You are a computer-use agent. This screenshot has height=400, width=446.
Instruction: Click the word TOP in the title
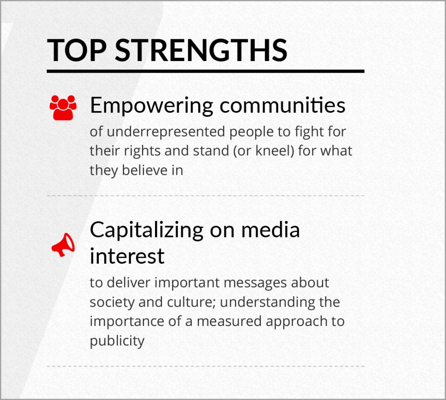[77, 51]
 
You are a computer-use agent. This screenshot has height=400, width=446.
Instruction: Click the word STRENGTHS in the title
[201, 51]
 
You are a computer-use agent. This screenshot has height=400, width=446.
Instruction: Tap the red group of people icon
[63, 108]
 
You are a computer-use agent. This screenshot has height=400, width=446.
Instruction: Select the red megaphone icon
[63, 245]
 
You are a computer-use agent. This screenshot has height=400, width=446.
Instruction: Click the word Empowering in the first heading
[152, 106]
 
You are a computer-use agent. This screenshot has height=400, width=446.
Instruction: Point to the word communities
[282, 105]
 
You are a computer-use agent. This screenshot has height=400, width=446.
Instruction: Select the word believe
[145, 170]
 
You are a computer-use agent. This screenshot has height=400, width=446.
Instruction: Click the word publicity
[117, 341]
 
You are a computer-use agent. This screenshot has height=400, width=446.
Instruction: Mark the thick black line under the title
[206, 71]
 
